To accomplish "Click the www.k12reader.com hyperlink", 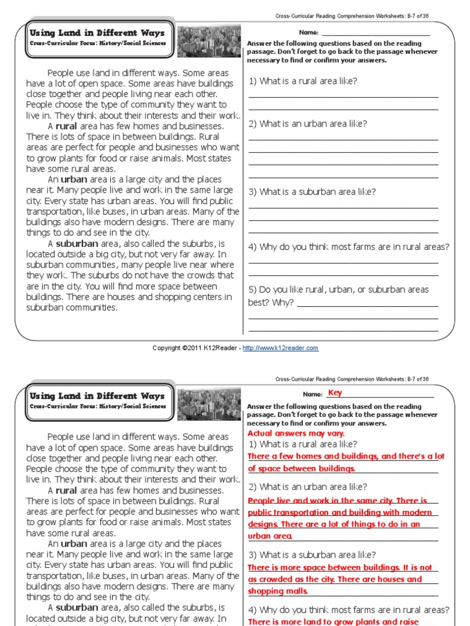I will click(x=280, y=348).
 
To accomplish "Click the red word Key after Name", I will click(x=335, y=393).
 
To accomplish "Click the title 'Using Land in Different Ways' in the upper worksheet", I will click(x=97, y=33).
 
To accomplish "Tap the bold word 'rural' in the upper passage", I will click(x=66, y=127).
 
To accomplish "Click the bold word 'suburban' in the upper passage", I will click(x=77, y=243).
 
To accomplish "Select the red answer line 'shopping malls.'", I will click(x=278, y=591).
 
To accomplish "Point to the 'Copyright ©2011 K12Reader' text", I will click(x=196, y=348).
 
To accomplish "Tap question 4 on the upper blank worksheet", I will click(x=348, y=247).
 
